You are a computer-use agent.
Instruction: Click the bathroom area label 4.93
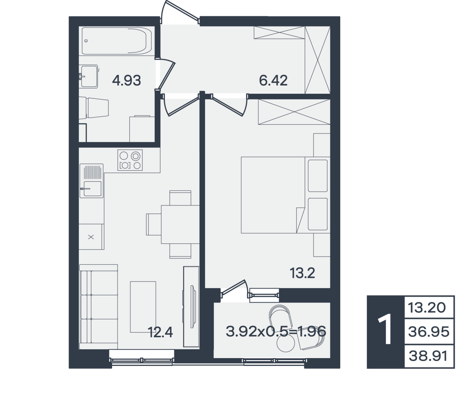pos(126,81)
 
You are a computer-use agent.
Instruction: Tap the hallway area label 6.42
pos(273,81)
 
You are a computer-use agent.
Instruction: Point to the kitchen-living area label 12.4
pos(160,332)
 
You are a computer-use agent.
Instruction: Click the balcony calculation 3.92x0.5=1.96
pos(276,331)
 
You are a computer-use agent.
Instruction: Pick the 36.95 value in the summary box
pos(429,332)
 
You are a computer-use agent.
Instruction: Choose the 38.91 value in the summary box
pos(428,356)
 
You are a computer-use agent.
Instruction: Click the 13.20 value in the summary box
pos(427,308)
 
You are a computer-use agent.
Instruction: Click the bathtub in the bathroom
pos(116,41)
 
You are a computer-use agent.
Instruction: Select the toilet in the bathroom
pos(94,108)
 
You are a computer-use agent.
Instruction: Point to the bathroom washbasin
pos(89,76)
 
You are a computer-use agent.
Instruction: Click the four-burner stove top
pos(130,160)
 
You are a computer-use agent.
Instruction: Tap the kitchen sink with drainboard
pos(91,181)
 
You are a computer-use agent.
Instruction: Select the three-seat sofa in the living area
pos(98,306)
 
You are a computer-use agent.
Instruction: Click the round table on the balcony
pos(285,343)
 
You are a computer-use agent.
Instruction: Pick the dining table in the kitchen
pos(180,224)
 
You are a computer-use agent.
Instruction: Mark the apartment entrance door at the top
pos(180,12)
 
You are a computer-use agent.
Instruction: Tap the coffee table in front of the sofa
pos(143,307)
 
